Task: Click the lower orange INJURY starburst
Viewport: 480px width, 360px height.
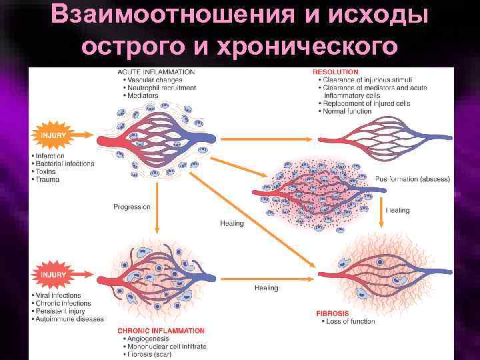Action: coord(53,275)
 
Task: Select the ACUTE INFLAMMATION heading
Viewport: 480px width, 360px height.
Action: coord(156,71)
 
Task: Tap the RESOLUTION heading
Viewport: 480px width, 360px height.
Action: coord(335,71)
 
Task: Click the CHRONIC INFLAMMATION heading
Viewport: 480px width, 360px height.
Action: coord(161,331)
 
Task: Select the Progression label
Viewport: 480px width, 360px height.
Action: coord(131,207)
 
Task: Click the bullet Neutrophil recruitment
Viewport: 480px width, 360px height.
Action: coord(162,87)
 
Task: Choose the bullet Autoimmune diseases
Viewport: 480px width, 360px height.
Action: coord(70,319)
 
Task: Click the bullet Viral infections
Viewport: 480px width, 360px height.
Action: coord(59,295)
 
